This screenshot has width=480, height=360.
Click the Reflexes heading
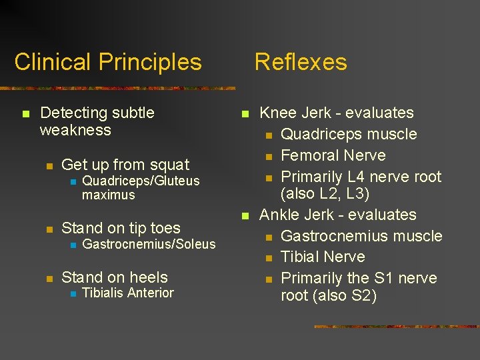tap(301, 63)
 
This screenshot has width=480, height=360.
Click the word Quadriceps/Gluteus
tap(141, 181)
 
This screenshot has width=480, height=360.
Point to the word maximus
tap(108, 195)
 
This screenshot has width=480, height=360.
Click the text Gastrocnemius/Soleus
tap(149, 244)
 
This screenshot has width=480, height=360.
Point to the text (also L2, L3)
tap(325, 194)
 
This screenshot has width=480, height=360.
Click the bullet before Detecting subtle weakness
tap(25, 114)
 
